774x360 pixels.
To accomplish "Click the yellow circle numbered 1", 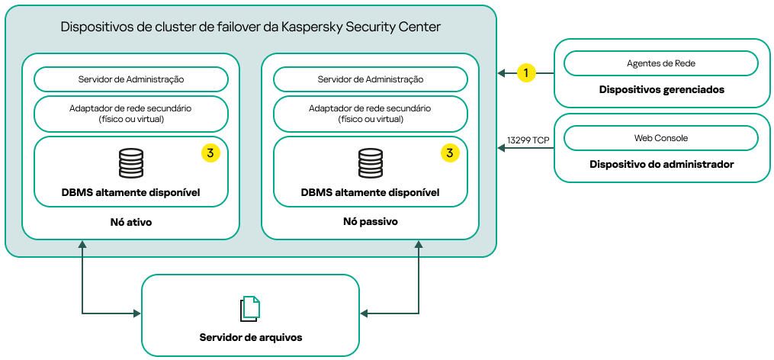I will pos(525,72).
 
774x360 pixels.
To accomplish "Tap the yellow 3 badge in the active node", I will pos(210,153).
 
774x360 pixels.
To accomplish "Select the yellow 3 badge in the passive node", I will pos(450,153).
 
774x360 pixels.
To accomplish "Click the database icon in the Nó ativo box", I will pos(131,163).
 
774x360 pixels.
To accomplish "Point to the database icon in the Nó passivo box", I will pos(371,163).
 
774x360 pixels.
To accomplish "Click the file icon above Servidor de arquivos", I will pos(250,308).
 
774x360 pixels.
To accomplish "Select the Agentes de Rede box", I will pos(660,63).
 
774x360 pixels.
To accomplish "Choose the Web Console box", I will pos(660,138).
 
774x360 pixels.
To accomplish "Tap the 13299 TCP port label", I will pos(528,140).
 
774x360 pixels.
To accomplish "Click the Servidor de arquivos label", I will pos(250,337).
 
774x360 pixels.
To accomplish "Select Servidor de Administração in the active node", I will pos(130,79).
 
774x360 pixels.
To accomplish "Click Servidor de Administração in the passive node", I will pos(370,79).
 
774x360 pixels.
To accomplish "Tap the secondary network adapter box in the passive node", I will pos(370,114).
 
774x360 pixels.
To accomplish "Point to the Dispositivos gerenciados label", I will pos(661,89).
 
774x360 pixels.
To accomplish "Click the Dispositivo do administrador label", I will pos(661,164).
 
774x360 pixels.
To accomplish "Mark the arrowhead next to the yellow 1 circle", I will pos(502,73).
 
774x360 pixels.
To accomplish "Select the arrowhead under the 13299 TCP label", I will pos(502,148).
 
